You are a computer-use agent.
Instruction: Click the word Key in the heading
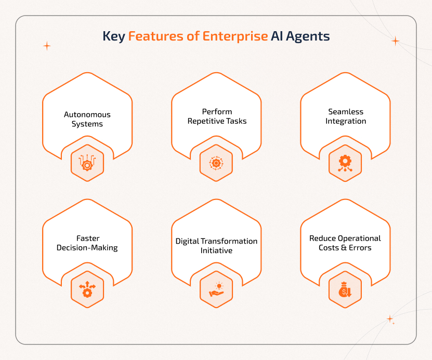(x=113, y=37)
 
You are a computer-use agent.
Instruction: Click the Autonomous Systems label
(x=87, y=119)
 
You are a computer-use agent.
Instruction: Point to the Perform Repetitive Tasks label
(x=217, y=116)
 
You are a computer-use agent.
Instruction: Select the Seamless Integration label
(x=346, y=116)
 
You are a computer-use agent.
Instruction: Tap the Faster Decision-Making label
(x=87, y=243)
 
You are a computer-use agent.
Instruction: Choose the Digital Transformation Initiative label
(x=216, y=246)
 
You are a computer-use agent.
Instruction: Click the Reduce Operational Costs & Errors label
(x=345, y=243)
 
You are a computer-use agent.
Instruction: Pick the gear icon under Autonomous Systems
(x=87, y=163)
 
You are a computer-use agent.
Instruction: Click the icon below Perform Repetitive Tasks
(x=216, y=163)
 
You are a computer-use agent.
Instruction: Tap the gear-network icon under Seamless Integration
(x=345, y=163)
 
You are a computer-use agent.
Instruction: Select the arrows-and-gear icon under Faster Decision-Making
(x=87, y=290)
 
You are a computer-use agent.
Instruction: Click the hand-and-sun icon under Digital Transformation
(x=216, y=290)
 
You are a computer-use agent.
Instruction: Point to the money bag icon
(x=345, y=290)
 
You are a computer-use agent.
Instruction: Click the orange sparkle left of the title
(x=47, y=46)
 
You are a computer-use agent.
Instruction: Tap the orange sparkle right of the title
(x=395, y=41)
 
